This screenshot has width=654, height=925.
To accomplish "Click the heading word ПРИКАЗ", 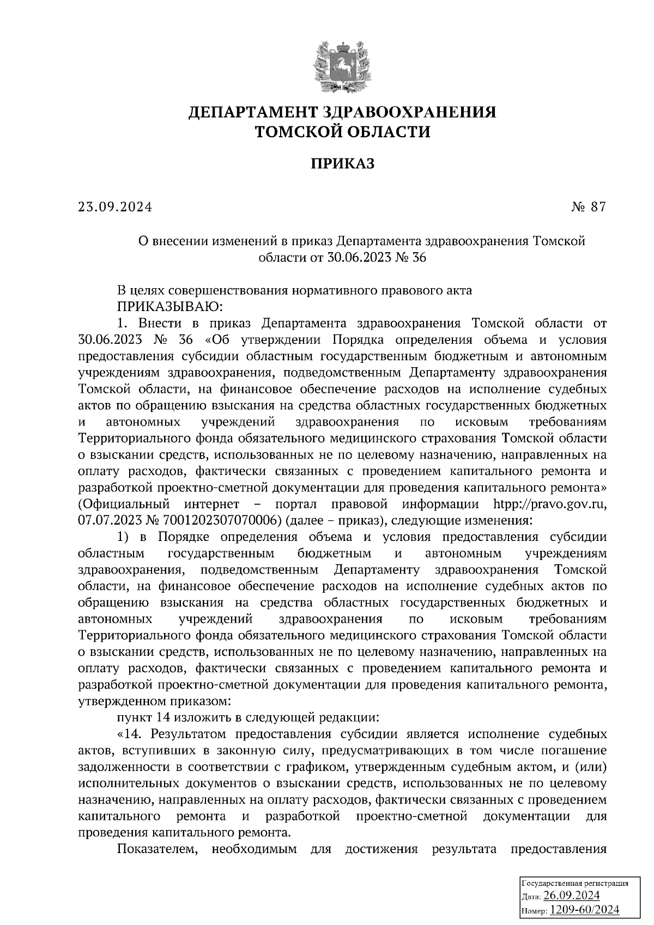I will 342,163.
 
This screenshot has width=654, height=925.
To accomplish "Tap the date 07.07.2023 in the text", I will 107,520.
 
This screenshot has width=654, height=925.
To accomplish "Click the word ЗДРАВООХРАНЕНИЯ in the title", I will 410,113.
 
